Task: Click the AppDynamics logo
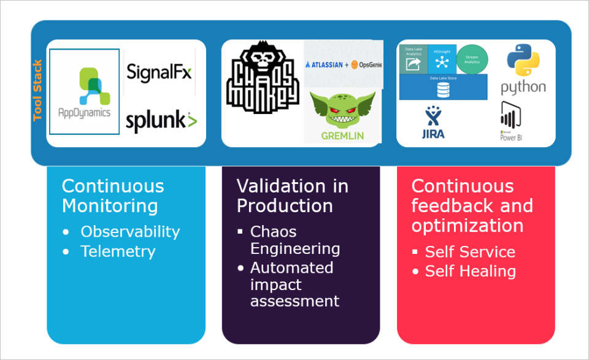click(85, 91)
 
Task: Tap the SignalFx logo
click(159, 72)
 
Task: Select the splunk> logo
click(161, 121)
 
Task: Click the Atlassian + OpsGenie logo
click(344, 64)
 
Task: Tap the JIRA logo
click(434, 122)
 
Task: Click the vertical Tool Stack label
click(37, 90)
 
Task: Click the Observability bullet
click(130, 232)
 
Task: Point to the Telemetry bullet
click(118, 251)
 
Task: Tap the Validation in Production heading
click(292, 196)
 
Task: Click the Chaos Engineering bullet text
click(294, 240)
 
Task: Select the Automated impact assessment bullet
click(294, 285)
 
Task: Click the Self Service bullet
click(470, 251)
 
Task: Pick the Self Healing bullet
click(470, 271)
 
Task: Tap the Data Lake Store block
click(443, 86)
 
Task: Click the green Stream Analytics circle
click(472, 59)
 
